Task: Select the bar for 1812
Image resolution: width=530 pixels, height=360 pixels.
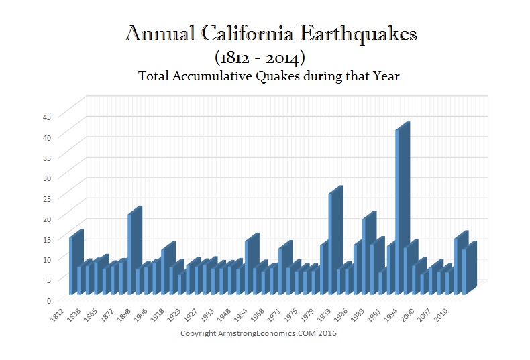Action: (72, 265)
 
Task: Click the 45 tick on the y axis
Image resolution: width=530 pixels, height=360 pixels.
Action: (46, 117)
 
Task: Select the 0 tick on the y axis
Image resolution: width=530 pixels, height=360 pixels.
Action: (48, 300)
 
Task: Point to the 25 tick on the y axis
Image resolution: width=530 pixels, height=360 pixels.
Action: (46, 198)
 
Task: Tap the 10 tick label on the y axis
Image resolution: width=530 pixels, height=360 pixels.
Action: (46, 259)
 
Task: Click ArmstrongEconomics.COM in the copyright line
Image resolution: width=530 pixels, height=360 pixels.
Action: (280, 333)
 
